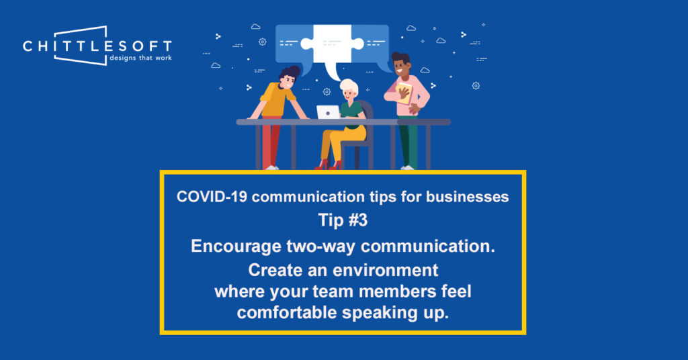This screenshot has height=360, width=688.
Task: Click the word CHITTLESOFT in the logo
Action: (x=97, y=46)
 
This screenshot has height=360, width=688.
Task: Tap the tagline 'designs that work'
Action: (x=139, y=58)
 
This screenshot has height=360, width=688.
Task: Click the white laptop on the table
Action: (x=328, y=112)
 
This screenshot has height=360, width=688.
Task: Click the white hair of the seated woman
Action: (x=349, y=87)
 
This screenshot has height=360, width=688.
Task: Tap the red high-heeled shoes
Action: (x=327, y=164)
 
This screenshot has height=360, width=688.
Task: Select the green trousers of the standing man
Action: (x=408, y=144)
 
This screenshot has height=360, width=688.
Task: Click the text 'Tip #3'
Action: (x=343, y=221)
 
